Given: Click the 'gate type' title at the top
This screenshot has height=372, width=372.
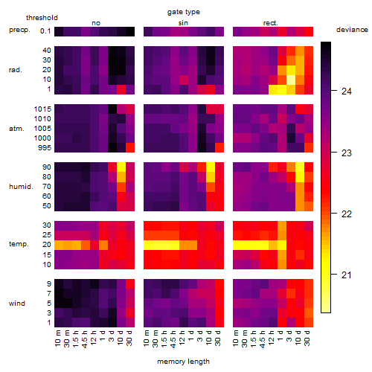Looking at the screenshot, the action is pos(184,12).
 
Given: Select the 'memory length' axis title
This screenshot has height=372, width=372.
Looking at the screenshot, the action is pos(183,362).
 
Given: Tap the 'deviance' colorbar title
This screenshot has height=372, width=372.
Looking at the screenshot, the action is pos(352,30).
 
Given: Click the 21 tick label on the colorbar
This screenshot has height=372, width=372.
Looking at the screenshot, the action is pos(346,275).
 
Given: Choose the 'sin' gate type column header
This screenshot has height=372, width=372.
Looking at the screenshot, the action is pos(183,23).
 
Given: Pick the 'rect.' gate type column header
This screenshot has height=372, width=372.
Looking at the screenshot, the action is pos(271,23).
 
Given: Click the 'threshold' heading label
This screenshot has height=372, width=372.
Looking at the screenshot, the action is pos(42,18).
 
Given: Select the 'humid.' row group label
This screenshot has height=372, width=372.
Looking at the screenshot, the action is pos(21,187).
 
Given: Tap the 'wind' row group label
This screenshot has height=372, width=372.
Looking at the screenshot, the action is pos(17,304).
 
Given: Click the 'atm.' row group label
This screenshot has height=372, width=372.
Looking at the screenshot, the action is pos(16,129).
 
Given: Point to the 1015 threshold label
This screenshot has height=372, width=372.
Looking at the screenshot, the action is pos(42,109).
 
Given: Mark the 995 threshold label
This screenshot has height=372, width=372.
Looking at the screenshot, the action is pos(45,148).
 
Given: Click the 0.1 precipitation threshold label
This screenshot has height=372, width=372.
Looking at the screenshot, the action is pos(45,31).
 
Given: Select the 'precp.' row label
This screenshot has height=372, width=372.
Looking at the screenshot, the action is pos(19,30).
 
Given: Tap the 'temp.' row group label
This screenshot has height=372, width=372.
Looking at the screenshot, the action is pos(19,244).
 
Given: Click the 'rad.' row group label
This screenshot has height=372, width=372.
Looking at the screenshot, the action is pos(16,70).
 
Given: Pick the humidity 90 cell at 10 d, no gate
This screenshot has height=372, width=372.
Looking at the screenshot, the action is pos(121,167).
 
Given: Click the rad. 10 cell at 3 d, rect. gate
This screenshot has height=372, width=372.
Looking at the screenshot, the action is pos(291,80).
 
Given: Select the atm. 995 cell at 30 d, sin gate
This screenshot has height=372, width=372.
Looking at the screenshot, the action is pos(219,147).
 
